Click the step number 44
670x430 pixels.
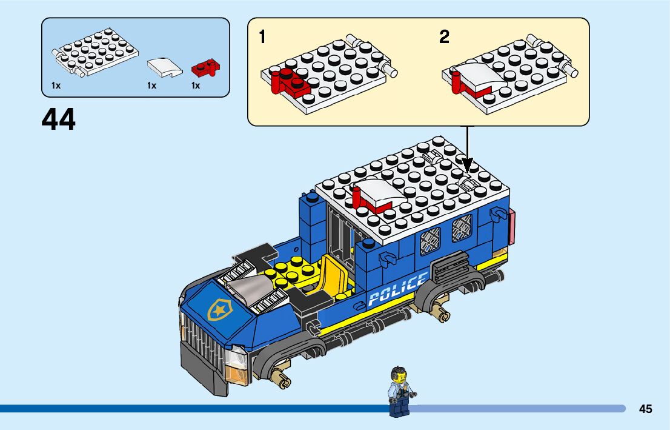coord(59,119)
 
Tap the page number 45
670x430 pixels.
coord(645,409)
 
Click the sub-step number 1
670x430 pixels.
coord(262,38)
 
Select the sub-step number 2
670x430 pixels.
coord(444,38)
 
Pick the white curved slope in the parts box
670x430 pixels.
coord(165,67)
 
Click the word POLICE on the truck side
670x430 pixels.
coord(397,289)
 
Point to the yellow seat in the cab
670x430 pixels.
coord(331,276)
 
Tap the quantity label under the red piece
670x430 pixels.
coord(196,86)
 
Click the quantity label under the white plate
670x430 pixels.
coord(56,86)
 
